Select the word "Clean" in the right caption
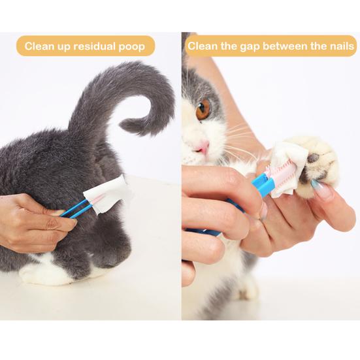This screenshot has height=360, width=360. [203, 46]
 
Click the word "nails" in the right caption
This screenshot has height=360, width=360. [339, 46]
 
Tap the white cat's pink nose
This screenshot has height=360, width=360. [203, 145]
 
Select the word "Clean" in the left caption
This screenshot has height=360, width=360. [38, 46]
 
